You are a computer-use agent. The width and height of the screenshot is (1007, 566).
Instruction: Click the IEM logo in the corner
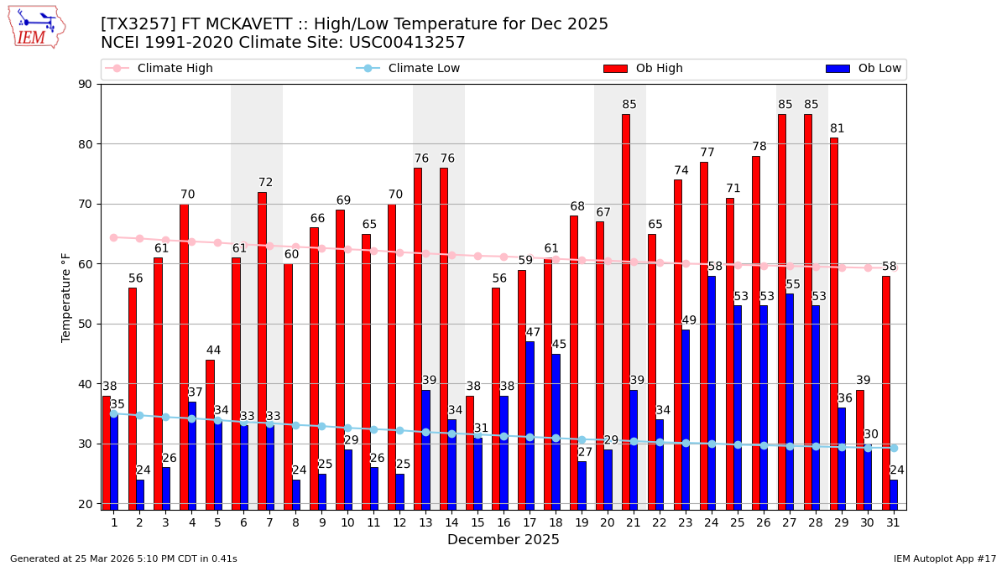pyautogui.click(x=36, y=27)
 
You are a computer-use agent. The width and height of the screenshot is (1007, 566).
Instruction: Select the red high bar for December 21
pyautogui.click(x=626, y=310)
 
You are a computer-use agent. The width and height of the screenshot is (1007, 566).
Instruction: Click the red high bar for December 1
pyautogui.click(x=107, y=453)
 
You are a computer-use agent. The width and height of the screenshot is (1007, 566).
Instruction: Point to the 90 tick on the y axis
pyautogui.click(x=86, y=84)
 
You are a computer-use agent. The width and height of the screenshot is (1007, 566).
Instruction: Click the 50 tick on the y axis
pyautogui.click(x=86, y=324)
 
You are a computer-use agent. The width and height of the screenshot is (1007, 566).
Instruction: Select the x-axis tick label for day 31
pyautogui.click(x=893, y=522)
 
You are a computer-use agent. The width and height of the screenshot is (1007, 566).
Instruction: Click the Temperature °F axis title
pyautogui.click(x=67, y=297)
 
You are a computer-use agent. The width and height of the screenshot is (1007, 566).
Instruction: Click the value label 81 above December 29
pyautogui.click(x=837, y=128)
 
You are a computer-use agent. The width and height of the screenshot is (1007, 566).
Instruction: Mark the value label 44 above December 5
pyautogui.click(x=214, y=351)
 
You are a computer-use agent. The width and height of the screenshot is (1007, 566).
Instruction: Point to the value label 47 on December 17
pyautogui.click(x=533, y=332)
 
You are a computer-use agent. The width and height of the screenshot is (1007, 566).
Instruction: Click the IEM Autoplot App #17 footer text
pyautogui.click(x=945, y=558)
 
